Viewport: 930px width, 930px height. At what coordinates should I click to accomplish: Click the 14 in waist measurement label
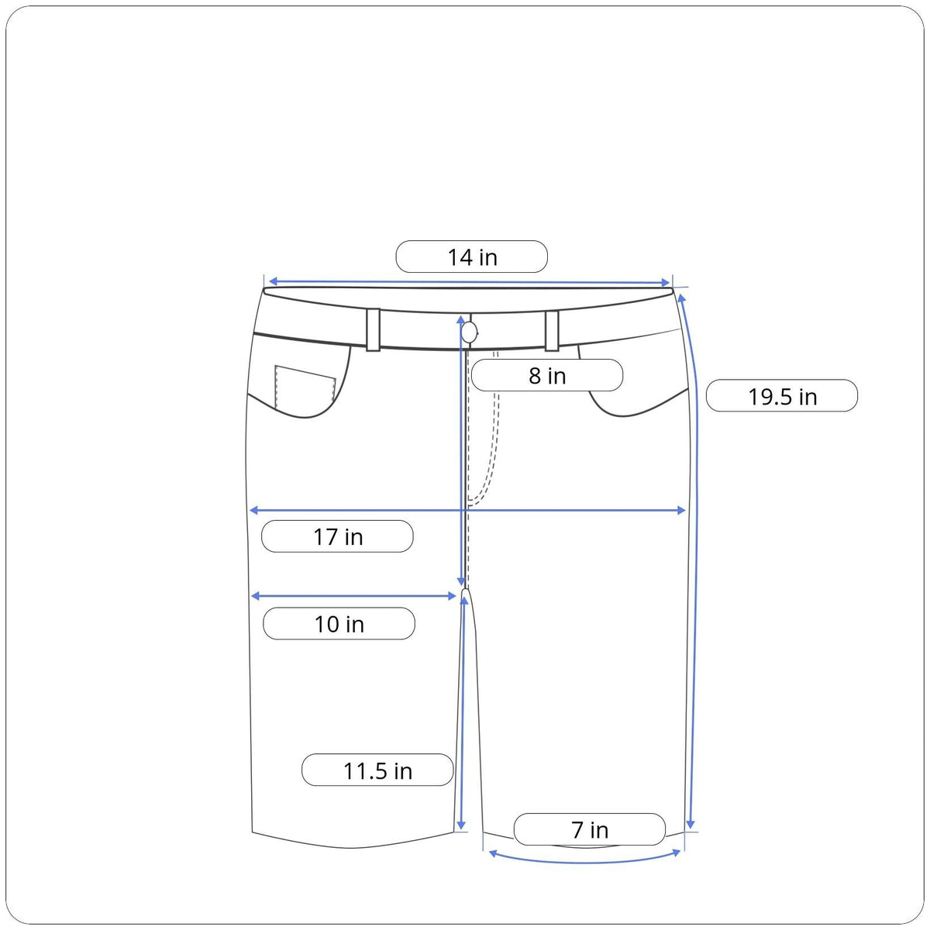pos(471,257)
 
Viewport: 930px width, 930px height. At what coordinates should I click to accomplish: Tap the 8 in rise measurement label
pos(547,375)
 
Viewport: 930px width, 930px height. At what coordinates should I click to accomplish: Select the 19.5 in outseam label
pos(782,396)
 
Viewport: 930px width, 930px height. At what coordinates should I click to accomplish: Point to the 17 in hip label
pos(337,536)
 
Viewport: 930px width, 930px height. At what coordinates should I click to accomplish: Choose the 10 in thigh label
pos(339,624)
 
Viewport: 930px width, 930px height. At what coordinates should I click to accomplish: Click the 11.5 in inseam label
pos(377,770)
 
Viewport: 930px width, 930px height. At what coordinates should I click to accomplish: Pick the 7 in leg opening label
pos(590,829)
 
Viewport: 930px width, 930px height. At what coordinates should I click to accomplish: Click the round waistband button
pos(470,332)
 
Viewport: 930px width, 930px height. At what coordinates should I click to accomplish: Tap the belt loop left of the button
pos(373,330)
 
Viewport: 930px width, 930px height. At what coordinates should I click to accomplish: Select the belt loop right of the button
pos(552,331)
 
